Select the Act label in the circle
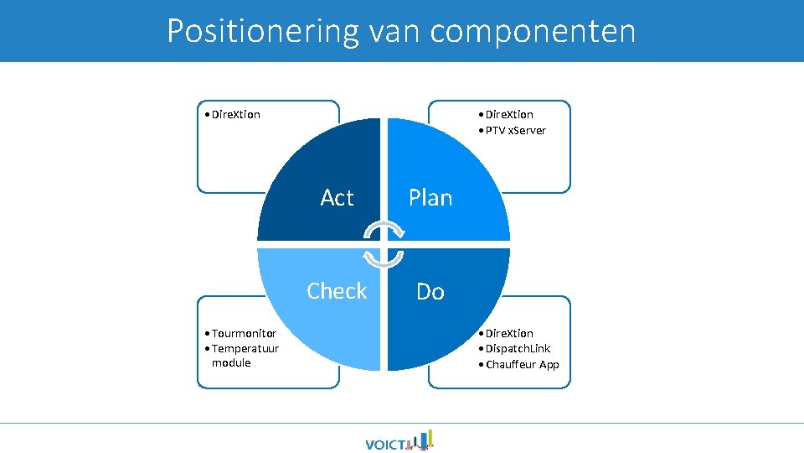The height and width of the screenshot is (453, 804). tap(337, 198)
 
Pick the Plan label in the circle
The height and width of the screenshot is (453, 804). tap(430, 198)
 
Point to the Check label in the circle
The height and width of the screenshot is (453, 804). tap(337, 291)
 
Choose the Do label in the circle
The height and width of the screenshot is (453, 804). tap(430, 292)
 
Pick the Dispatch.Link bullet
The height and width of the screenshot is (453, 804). tap(517, 348)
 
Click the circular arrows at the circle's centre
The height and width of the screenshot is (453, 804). tap(384, 244)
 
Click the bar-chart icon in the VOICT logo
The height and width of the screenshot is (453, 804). tap(425, 440)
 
